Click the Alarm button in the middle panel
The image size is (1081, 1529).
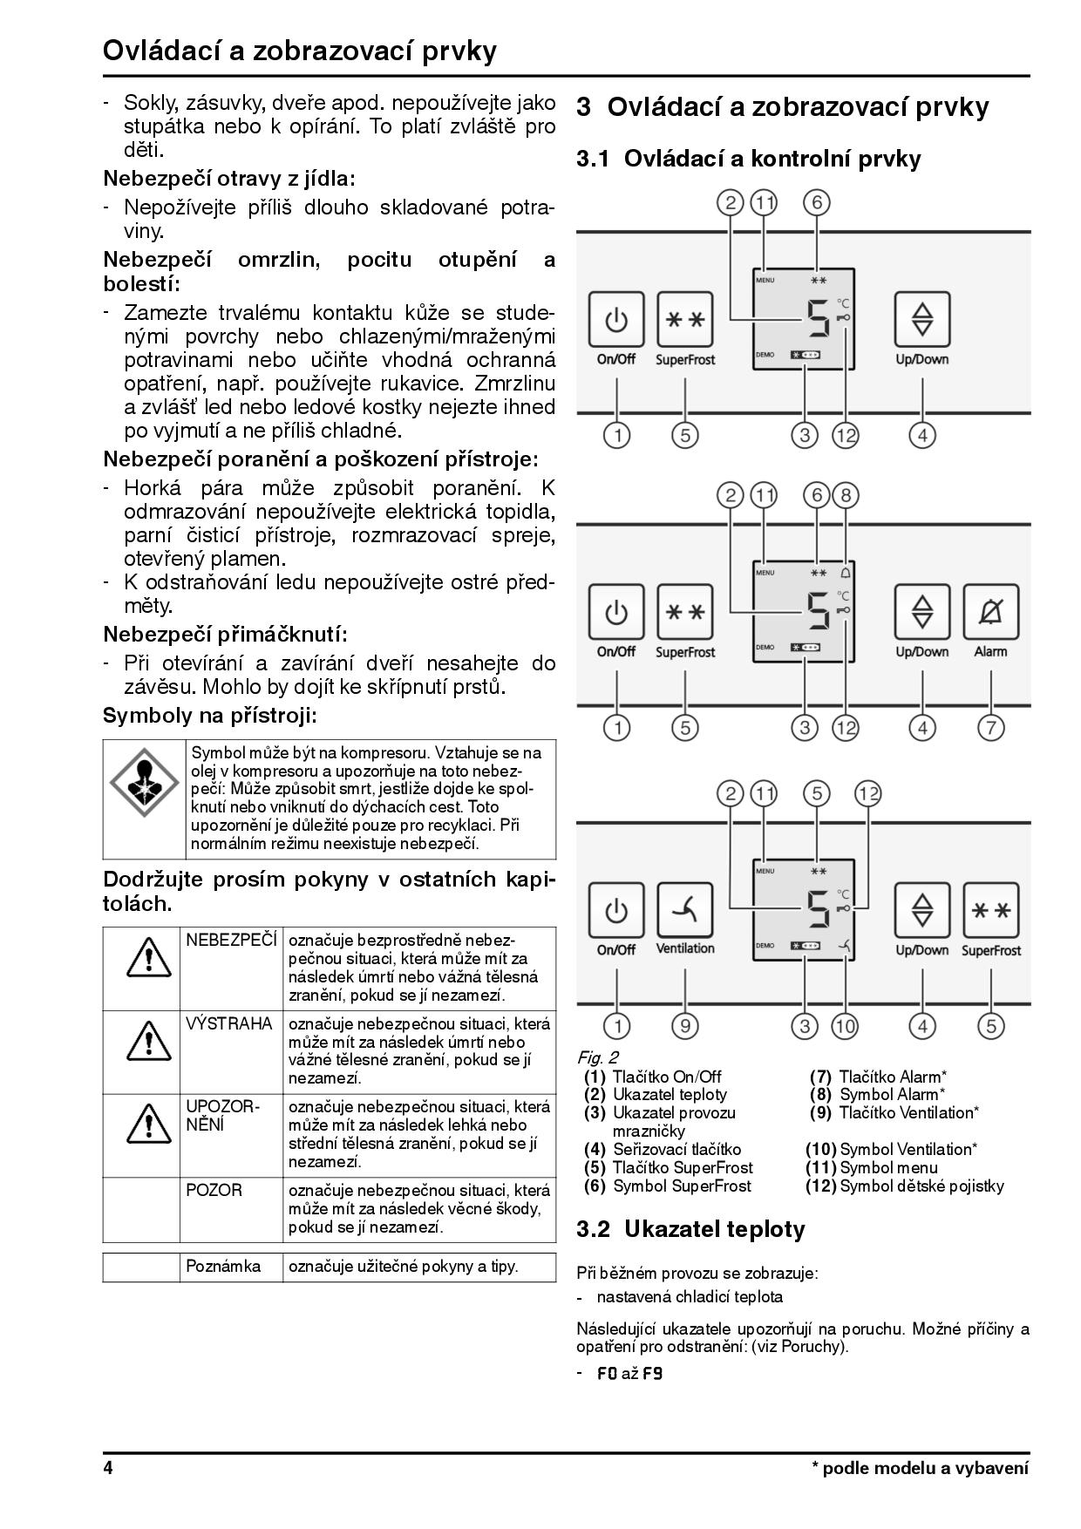pos(990,612)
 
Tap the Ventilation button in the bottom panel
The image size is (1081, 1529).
pos(685,910)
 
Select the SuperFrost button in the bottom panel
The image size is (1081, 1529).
pos(990,910)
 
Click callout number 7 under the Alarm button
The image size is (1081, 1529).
pos(990,727)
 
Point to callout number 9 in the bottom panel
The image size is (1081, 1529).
pos(685,1026)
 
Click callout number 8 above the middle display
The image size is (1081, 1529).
pos(845,496)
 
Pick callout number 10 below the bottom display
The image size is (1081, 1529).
pos(845,1026)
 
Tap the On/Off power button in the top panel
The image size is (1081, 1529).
pos(616,320)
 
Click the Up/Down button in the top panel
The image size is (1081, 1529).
pos(922,320)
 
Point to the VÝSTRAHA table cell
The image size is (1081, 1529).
pos(229,1024)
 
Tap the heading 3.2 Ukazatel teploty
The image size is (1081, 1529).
pos(690,1229)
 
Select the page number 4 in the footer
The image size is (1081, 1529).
pos(108,1468)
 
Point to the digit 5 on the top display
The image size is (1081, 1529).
pos(818,319)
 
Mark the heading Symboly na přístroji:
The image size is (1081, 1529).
pos(209,717)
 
